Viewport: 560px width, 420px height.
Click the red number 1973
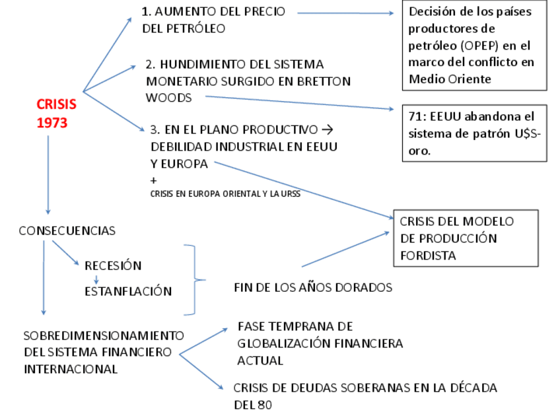[x=52, y=123]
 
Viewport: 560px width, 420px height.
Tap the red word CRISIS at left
[x=56, y=104]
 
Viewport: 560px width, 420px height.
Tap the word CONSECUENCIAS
[x=67, y=230]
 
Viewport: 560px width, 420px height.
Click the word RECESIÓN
[x=113, y=265]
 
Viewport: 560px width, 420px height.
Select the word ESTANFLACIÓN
[x=128, y=291]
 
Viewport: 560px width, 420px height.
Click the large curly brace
[x=194, y=280]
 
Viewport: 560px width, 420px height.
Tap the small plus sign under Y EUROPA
[x=154, y=180]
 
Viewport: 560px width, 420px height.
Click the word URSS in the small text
[x=290, y=194]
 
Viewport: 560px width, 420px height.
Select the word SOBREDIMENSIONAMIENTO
[x=104, y=335]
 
